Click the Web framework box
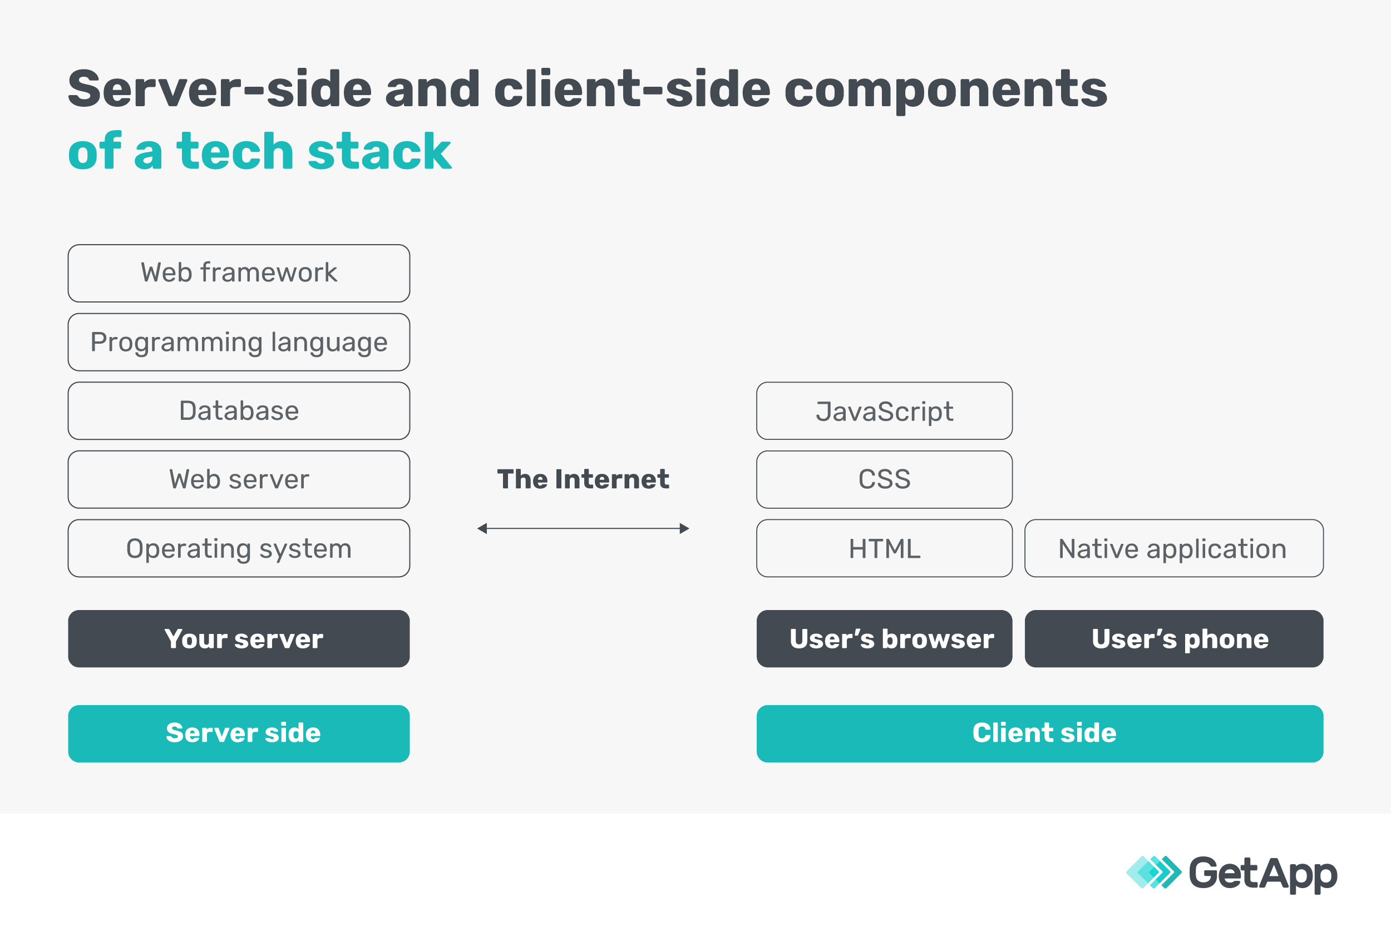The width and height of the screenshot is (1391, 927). point(239,273)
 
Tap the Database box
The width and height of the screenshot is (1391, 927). point(239,411)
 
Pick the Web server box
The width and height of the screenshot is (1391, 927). point(239,479)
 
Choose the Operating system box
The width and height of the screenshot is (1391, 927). point(239,549)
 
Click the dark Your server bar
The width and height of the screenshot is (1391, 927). point(239,639)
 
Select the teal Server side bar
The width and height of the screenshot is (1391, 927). point(239,733)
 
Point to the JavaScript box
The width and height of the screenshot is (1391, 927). point(884,411)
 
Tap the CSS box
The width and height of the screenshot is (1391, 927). point(884,479)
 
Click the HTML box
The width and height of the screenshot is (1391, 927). point(884,549)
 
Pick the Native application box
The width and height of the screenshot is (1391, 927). point(1174,549)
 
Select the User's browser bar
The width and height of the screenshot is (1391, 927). point(884,639)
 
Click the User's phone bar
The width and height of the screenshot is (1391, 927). point(1174,639)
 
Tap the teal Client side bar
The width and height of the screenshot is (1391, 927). point(1040,733)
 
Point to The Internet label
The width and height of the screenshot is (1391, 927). point(583,479)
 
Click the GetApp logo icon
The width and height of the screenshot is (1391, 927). point(1153,873)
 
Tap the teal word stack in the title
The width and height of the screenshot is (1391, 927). point(379,151)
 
